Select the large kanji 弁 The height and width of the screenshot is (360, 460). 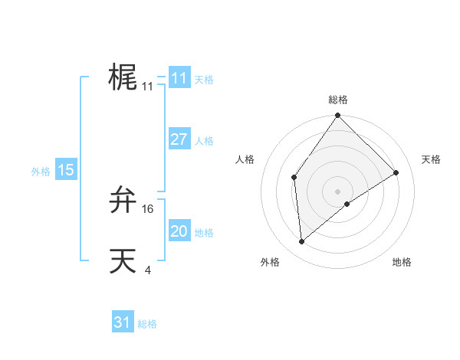pyautogui.click(x=123, y=200)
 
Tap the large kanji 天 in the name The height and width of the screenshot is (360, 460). pyautogui.click(x=123, y=261)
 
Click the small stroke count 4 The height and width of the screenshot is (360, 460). pyautogui.click(x=148, y=270)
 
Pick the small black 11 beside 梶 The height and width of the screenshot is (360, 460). pyautogui.click(x=148, y=87)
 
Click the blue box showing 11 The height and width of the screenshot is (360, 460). pyautogui.click(x=179, y=78)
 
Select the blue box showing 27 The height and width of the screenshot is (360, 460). pyautogui.click(x=179, y=139)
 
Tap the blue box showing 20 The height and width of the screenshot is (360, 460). pyautogui.click(x=179, y=231)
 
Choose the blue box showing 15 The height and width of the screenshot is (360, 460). pyautogui.click(x=66, y=170)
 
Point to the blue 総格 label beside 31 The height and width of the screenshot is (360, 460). pyautogui.click(x=147, y=324)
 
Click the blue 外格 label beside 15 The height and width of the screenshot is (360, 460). pyautogui.click(x=41, y=172)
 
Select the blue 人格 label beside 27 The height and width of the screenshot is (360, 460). pyautogui.click(x=204, y=141)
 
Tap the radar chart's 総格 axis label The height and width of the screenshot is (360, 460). pyautogui.click(x=337, y=100)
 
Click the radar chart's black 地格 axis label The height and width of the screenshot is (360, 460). pyautogui.click(x=402, y=262)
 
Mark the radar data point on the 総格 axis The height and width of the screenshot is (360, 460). pyautogui.click(x=337, y=116)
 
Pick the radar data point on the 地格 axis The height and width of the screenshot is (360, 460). pyautogui.click(x=347, y=204)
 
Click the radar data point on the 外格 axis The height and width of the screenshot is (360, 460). pyautogui.click(x=302, y=241)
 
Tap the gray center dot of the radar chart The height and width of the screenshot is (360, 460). pyautogui.click(x=337, y=191)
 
